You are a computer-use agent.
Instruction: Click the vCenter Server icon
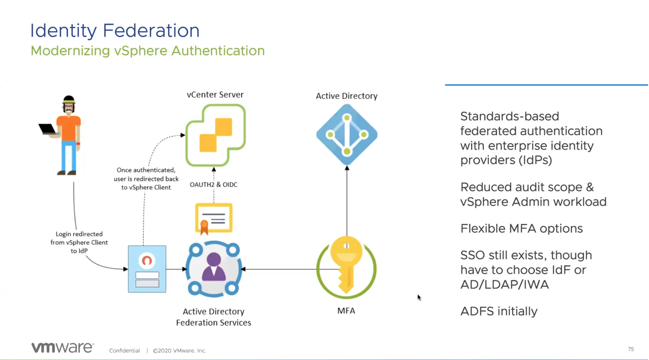pyautogui.click(x=216, y=135)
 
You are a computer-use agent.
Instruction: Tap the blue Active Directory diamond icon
pyautogui.click(x=347, y=135)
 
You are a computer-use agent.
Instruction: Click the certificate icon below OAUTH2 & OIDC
pyautogui.click(x=214, y=218)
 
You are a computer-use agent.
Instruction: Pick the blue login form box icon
pyautogui.click(x=147, y=269)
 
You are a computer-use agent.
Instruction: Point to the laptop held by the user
pyautogui.click(x=47, y=129)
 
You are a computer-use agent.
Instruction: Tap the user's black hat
pyautogui.click(x=69, y=99)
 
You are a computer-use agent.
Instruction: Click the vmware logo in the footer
pyautogui.click(x=63, y=347)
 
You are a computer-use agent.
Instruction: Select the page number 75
pyautogui.click(x=631, y=349)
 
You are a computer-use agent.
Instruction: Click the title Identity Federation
pyautogui.click(x=115, y=31)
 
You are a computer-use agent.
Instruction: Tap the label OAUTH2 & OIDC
pyautogui.click(x=214, y=184)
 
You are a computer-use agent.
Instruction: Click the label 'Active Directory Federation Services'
pyautogui.click(x=214, y=317)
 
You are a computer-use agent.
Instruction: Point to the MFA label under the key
pyautogui.click(x=346, y=310)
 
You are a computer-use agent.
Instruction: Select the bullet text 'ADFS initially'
pyautogui.click(x=499, y=311)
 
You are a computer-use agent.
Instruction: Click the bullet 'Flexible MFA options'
pyautogui.click(x=522, y=229)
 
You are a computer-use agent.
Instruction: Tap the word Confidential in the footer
pyautogui.click(x=124, y=350)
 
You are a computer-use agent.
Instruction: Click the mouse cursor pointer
pyautogui.click(x=419, y=297)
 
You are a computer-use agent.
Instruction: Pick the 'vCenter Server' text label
pyautogui.click(x=215, y=94)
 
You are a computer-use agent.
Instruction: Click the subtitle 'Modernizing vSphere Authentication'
pyautogui.click(x=148, y=50)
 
